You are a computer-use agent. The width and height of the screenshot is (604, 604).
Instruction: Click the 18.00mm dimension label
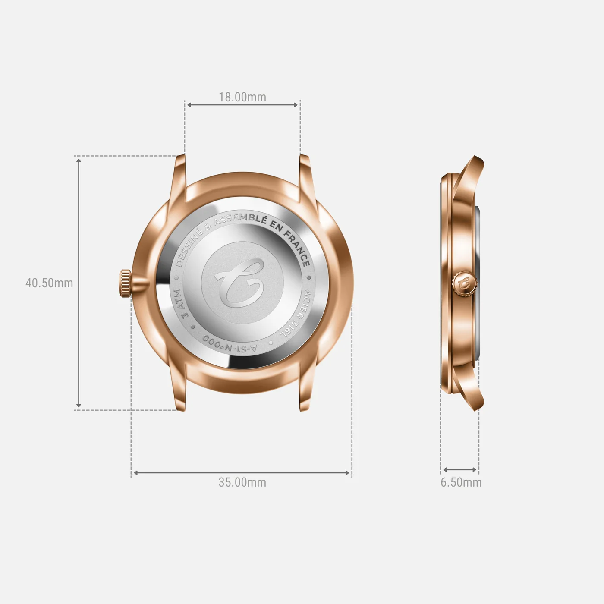click(242, 97)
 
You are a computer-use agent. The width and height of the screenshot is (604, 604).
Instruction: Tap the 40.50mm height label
click(49, 283)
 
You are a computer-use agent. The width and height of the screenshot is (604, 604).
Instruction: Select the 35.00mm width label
click(242, 482)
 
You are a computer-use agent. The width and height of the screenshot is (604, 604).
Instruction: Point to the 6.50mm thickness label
click(461, 482)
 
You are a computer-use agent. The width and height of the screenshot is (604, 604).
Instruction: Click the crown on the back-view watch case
click(125, 283)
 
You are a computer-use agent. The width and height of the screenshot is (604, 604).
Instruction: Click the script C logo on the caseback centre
click(241, 283)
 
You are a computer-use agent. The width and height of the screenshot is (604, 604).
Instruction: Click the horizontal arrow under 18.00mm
click(242, 105)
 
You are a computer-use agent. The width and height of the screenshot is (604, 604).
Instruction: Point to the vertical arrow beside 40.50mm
click(79, 283)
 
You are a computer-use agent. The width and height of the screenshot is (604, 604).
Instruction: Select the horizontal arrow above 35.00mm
click(242, 473)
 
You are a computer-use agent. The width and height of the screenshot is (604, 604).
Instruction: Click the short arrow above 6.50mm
click(460, 470)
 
